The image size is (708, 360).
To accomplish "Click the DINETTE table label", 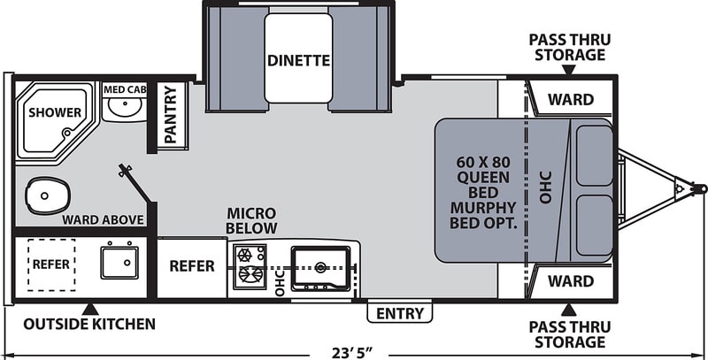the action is click(298, 60).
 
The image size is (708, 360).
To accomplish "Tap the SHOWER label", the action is click(55, 112).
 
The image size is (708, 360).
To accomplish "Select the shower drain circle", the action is click(67, 133).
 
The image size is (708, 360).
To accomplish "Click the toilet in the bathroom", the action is click(48, 195).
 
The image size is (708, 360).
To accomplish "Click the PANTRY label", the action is click(170, 116).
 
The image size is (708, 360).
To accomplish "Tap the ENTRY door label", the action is click(400, 313).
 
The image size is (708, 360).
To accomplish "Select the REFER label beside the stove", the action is click(192, 266).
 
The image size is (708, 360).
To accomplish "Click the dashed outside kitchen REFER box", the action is click(51, 264).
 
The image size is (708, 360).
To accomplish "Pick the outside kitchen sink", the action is click(119, 262).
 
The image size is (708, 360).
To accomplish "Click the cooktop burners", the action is click(250, 266).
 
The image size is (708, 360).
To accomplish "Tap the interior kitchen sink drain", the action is click(320, 267).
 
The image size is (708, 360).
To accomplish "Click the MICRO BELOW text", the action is click(251, 220).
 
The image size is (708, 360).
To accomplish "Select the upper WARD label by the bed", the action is click(571, 99).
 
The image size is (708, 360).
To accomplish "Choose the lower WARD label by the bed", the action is click(571, 281).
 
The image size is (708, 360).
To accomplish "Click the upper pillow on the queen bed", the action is click(594, 156).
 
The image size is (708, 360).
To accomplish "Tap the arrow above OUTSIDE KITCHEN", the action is click(90, 310).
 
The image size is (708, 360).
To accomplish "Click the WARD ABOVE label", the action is click(103, 220).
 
